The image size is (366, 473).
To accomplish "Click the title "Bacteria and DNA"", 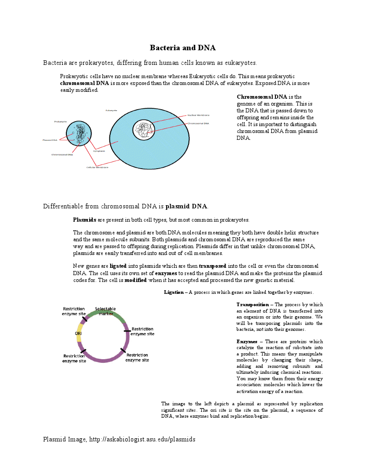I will (x=183, y=48).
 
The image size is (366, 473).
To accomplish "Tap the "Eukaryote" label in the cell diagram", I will (x=111, y=111).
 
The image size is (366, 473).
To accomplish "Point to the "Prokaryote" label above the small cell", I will (x=60, y=122).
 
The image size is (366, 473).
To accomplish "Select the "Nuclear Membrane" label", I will (x=199, y=115).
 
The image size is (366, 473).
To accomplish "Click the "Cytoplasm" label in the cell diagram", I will (x=99, y=151).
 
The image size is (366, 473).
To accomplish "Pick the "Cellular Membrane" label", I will (x=97, y=167).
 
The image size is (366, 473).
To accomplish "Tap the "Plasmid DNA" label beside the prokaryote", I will (x=50, y=140).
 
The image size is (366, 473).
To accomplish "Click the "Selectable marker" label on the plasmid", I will (x=106, y=311).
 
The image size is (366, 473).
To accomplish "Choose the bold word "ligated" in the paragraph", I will (x=118, y=266).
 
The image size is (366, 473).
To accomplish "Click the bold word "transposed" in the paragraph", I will (x=212, y=266).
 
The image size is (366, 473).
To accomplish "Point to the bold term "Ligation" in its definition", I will (x=173, y=292).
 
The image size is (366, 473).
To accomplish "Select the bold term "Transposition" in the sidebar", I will (x=253, y=305).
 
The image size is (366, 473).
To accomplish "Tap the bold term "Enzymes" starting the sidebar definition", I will (x=247, y=342).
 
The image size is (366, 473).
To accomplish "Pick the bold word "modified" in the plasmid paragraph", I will (x=135, y=280).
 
